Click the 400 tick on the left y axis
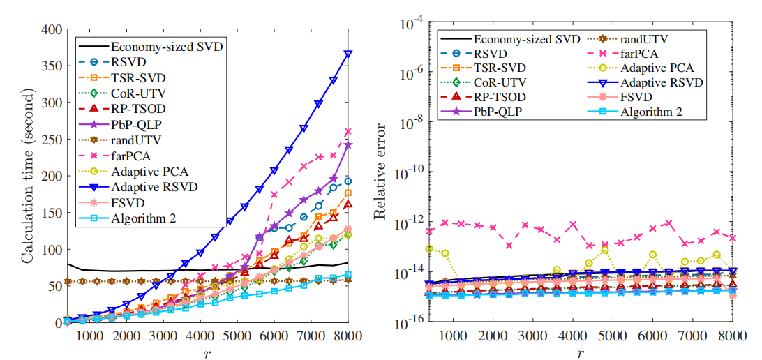(x=52, y=29)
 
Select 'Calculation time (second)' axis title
(x=28, y=176)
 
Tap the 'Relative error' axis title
(x=381, y=176)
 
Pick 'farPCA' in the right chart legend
(x=632, y=52)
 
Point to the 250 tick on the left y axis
(x=52, y=140)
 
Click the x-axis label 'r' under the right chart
(x=580, y=352)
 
